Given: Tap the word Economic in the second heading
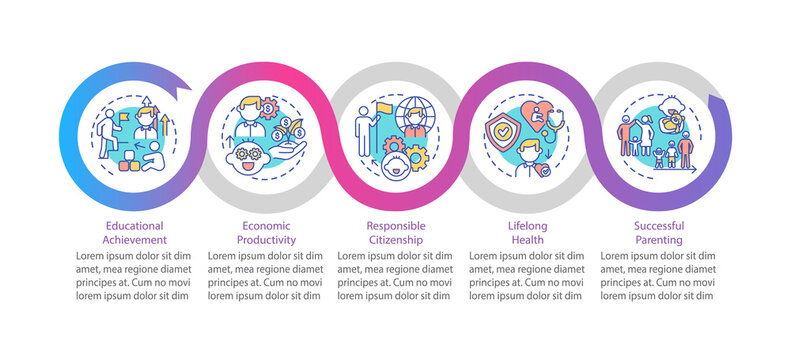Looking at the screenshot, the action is point(265,226).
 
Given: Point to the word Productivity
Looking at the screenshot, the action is point(265,241).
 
